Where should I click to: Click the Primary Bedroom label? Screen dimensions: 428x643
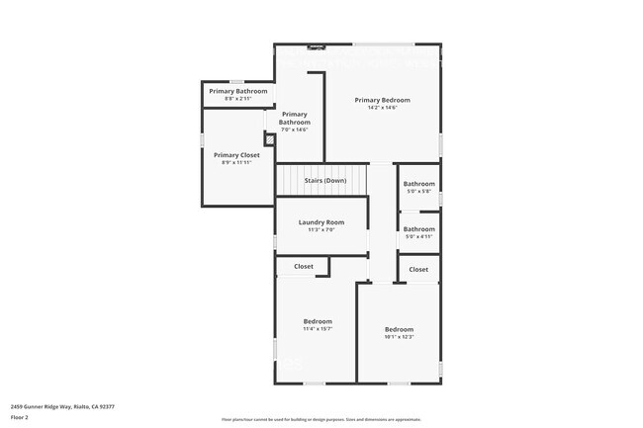[382, 100]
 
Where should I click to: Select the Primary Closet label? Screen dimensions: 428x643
[236, 155]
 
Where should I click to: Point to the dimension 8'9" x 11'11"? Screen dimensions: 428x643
[236, 162]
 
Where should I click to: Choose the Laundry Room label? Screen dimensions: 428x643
[321, 222]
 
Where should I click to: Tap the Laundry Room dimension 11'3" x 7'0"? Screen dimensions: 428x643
[321, 229]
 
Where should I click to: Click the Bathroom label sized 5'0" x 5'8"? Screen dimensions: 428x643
[418, 184]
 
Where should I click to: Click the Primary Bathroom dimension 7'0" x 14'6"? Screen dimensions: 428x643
[295, 129]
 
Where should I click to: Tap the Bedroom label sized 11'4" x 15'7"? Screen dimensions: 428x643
[318, 321]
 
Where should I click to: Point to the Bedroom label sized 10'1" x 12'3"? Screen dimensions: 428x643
[399, 329]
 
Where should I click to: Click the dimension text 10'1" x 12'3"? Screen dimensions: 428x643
[399, 336]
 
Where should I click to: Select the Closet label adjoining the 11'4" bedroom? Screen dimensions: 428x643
[303, 266]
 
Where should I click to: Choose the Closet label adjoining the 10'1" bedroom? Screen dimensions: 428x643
[418, 269]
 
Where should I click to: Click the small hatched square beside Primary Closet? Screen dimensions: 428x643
[268, 138]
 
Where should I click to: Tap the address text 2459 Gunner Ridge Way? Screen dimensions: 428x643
[62, 406]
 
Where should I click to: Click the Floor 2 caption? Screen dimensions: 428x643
[21, 417]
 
